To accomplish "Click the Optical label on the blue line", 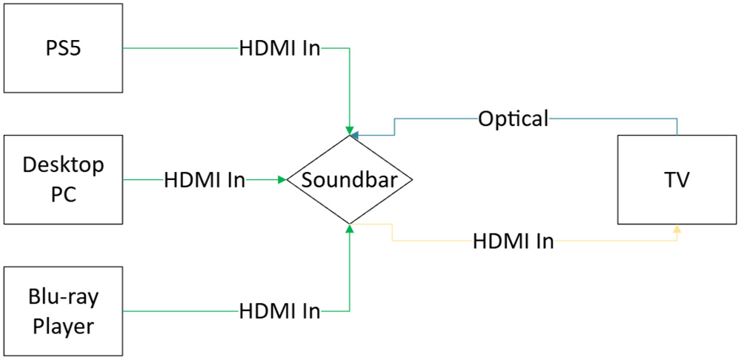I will click(513, 119).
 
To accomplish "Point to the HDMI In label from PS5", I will click(279, 49).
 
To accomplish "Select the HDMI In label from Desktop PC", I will click(205, 180).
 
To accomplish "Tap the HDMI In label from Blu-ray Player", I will click(279, 312).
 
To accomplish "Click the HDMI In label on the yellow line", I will click(514, 241).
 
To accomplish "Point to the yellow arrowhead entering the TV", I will click(677, 229).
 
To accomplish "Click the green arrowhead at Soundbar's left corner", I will click(282, 179).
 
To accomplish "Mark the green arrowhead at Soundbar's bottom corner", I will click(349, 228).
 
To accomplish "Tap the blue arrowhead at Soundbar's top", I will click(355, 135).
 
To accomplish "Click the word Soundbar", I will click(348, 179).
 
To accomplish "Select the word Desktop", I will click(63, 164).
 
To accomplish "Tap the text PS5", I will click(63, 47).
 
